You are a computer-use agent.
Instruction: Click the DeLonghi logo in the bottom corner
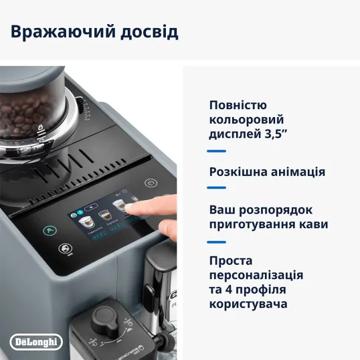[x=37, y=341]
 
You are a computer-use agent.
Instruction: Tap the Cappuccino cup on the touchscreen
[x=85, y=222]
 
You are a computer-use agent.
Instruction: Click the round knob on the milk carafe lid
[x=103, y=317]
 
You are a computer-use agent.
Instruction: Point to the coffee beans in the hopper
[x=23, y=120]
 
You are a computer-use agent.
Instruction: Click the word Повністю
[x=238, y=105]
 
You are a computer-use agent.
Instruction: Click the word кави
[x=304, y=224]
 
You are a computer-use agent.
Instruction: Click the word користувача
[x=248, y=304]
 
